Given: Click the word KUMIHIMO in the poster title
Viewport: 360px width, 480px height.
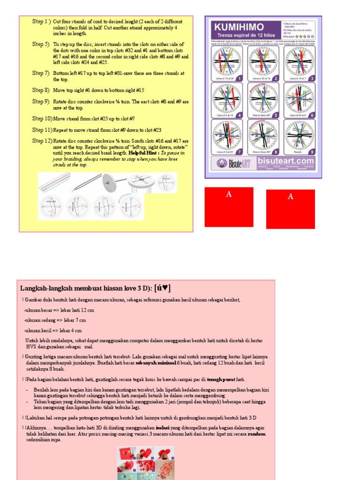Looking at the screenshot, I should click(238, 27).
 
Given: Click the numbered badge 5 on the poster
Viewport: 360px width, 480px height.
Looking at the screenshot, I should click(276, 115).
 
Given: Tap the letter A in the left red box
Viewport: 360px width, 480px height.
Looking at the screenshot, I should click(229, 195).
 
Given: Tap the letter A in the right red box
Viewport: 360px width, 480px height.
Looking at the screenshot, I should click(290, 197).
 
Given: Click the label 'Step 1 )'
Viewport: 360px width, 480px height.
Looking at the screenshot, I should click(42, 22).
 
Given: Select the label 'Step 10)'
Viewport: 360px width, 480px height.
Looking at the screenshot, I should click(42, 119).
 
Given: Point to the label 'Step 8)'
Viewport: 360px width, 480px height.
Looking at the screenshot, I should click(41, 90).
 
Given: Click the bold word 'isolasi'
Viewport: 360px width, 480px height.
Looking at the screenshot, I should click(162, 428).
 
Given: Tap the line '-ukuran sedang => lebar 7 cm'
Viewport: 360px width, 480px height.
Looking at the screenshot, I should click(55, 320).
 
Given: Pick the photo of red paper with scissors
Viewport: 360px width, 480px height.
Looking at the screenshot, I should click(126, 453).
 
